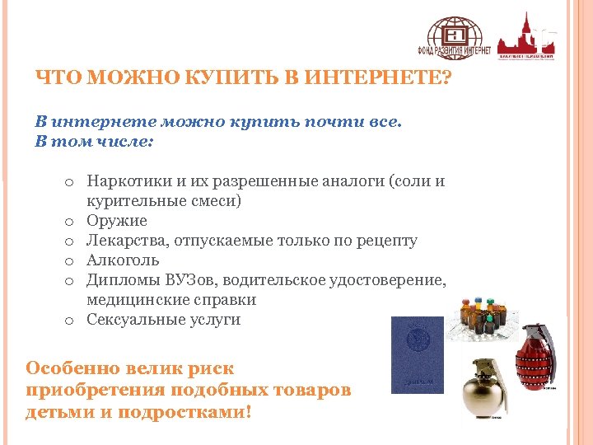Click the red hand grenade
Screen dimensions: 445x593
pos(535,363)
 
